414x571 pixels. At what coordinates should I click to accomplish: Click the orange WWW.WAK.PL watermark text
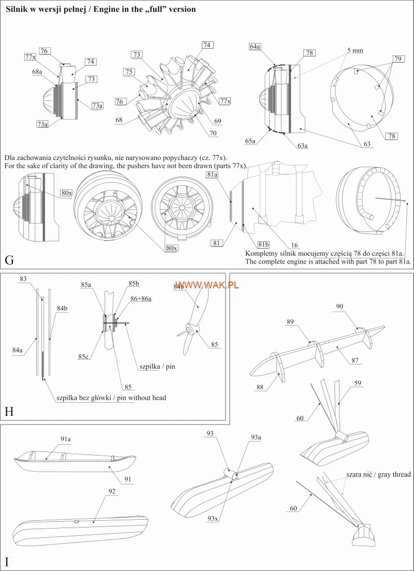(x=207, y=286)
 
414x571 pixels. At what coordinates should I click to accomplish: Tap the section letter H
(x=9, y=412)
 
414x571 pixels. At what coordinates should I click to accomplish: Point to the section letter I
(x=6, y=562)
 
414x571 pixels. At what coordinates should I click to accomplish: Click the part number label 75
(x=129, y=71)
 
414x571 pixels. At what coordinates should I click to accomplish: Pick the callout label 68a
(x=37, y=72)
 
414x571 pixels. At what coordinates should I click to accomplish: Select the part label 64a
(x=255, y=47)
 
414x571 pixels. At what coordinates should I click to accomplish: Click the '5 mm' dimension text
(x=355, y=50)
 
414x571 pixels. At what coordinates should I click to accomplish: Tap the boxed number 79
(x=397, y=59)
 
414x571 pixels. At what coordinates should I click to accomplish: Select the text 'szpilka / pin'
(x=157, y=367)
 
